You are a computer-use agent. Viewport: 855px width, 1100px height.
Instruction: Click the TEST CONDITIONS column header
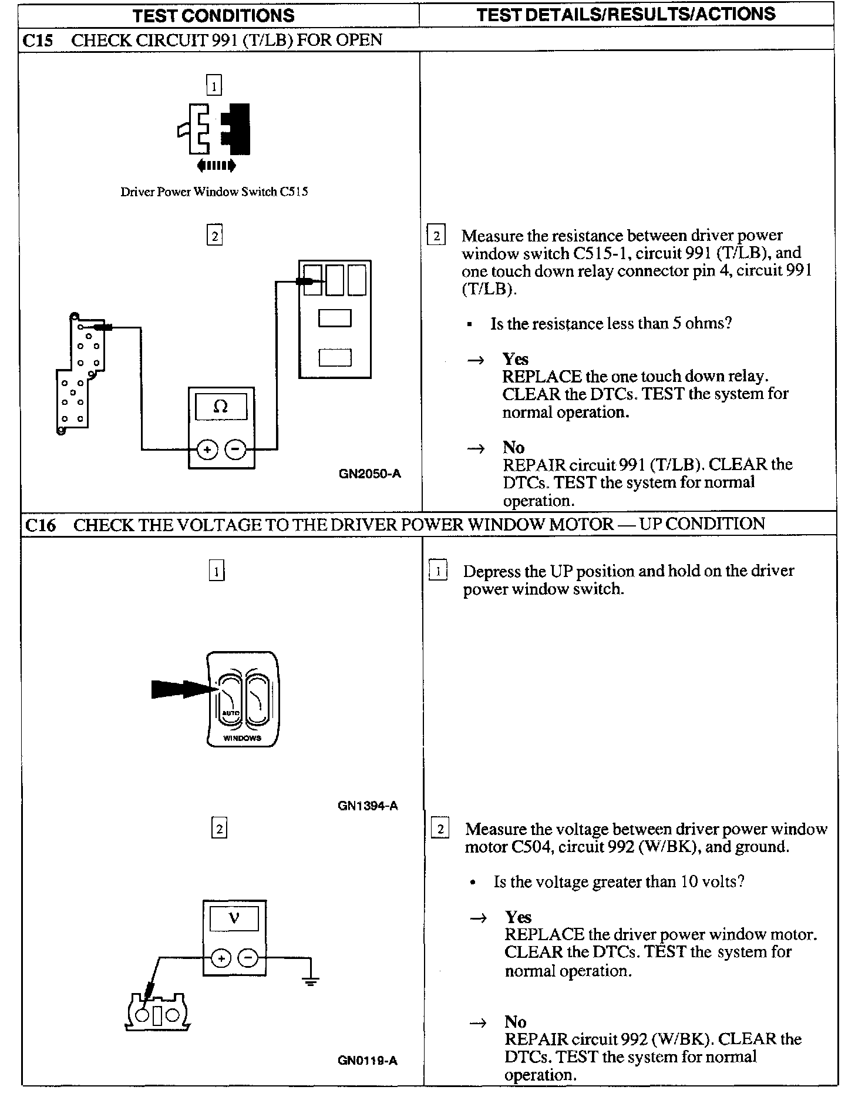click(213, 15)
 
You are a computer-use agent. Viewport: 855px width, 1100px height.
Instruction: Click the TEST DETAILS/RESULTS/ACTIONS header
click(626, 14)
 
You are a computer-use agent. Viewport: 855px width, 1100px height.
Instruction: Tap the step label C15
click(38, 40)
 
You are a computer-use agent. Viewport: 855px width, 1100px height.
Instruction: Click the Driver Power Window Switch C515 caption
click(214, 192)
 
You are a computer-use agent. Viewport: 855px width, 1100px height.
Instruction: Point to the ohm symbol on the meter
click(221, 406)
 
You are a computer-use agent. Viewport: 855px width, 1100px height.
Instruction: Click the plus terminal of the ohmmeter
click(206, 450)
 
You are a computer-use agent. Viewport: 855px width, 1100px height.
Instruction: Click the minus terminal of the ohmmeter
click(235, 450)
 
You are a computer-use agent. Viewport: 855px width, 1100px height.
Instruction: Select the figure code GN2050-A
click(370, 474)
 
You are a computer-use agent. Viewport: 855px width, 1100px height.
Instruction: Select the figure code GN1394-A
click(368, 806)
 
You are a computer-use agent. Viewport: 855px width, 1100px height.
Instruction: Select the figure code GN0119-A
click(368, 1060)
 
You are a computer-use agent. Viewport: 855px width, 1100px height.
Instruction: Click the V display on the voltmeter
click(234, 917)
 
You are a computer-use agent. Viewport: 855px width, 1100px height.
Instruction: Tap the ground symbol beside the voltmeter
click(311, 978)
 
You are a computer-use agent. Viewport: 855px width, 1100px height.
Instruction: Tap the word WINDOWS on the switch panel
click(242, 738)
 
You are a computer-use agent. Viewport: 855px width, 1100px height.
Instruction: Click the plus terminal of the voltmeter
click(221, 958)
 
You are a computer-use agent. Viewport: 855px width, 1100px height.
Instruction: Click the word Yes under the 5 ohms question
click(515, 359)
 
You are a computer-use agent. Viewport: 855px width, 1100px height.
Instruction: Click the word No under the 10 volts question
click(515, 1022)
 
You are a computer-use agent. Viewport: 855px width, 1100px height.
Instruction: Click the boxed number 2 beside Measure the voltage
click(440, 829)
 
